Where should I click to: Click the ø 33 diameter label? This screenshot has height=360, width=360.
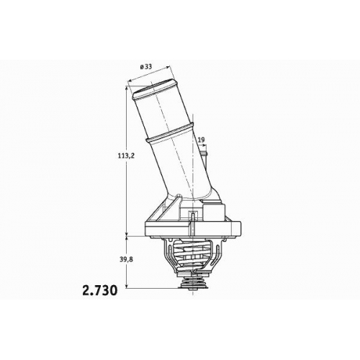pos(145,66)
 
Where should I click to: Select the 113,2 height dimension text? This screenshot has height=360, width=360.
pos(126,156)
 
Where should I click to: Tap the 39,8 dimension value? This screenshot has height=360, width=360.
pos(126,259)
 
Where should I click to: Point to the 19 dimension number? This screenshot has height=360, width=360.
pos(202,140)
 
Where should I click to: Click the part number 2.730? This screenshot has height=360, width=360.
pos(100,290)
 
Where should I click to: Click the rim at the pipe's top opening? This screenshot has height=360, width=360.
pos(153,89)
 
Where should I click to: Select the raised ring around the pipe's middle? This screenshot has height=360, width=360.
pos(169,132)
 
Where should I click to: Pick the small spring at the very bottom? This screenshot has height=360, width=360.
pos(194,282)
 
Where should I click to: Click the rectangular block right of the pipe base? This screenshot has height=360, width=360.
pos(214,210)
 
